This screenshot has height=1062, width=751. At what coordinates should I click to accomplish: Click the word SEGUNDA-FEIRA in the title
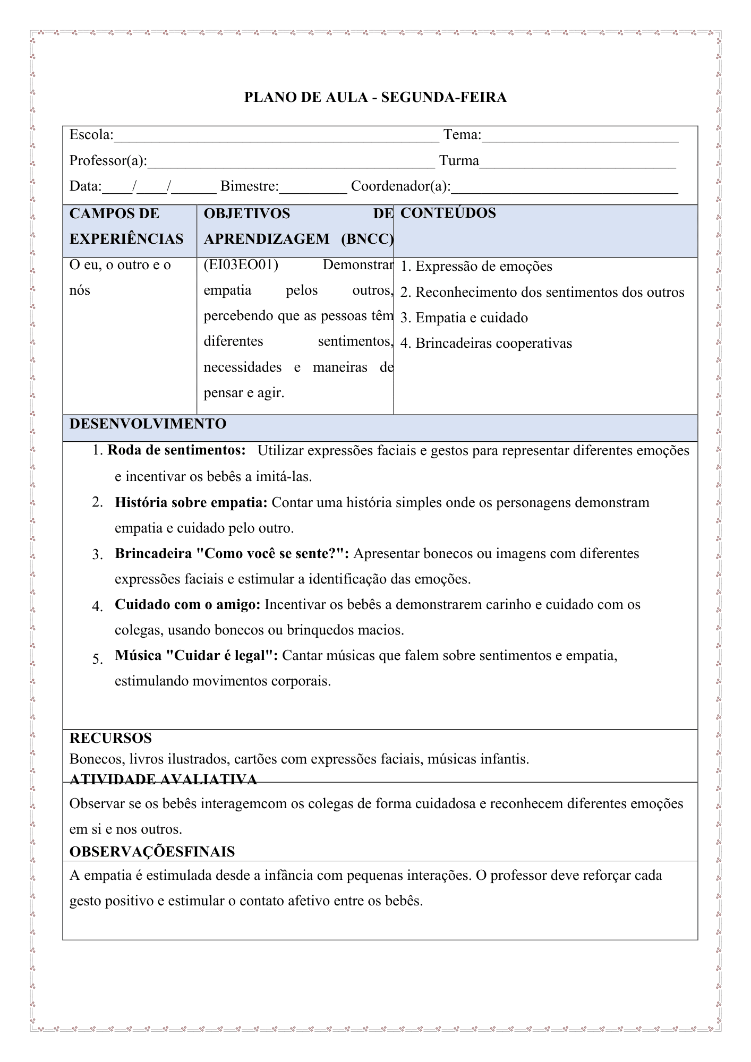point(443,97)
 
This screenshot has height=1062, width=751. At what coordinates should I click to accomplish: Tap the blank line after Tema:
point(580,137)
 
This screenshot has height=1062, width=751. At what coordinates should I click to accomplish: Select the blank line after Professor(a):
point(291,162)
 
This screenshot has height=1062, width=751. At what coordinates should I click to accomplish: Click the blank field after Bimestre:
point(313,188)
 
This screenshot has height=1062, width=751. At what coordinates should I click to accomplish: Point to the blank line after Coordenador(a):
point(565,188)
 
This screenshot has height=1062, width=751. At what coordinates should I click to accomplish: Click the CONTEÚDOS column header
point(448,213)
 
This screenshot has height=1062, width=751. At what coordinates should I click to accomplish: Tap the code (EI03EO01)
point(241,264)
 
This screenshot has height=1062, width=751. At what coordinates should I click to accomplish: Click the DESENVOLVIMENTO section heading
point(148,424)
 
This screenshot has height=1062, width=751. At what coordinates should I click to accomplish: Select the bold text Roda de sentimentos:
point(176,450)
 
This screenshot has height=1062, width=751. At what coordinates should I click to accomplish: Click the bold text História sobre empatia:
point(191,502)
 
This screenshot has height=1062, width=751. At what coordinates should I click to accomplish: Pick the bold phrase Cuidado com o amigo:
point(187,604)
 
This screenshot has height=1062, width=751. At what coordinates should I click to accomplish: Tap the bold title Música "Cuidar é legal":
point(197,655)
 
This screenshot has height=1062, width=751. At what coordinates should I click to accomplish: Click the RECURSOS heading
point(110,738)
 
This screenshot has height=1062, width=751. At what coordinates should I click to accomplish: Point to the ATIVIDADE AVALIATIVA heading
point(163,779)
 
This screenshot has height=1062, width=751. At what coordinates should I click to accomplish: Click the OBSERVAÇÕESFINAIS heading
point(152,852)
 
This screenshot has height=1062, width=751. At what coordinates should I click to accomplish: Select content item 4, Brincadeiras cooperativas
point(493,343)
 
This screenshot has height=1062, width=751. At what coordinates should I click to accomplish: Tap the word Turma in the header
point(459,160)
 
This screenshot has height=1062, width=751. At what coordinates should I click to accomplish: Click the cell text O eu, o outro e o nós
point(120,277)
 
